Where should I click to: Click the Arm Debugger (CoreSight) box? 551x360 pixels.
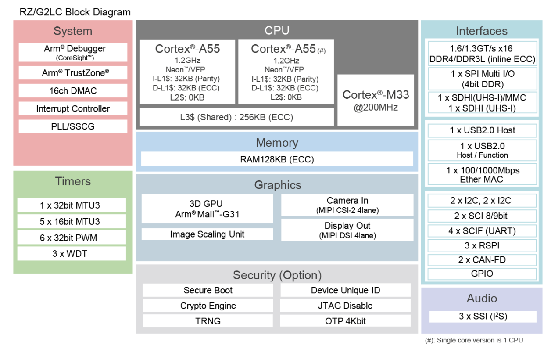[x=73, y=52]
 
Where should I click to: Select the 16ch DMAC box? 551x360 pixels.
[x=73, y=91]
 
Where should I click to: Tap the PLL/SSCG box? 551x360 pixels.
[x=73, y=126]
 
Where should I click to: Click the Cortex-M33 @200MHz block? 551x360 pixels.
[x=376, y=100]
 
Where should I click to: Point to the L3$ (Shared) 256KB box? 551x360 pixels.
[x=236, y=117]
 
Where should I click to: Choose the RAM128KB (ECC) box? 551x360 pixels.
[x=277, y=159]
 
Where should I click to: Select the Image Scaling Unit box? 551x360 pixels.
[x=207, y=234]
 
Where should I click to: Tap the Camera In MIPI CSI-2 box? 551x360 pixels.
[x=347, y=205]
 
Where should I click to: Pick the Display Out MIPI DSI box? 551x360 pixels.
[x=347, y=230]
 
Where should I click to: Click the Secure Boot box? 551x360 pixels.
[x=208, y=290]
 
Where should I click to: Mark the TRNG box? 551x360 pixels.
[x=208, y=321]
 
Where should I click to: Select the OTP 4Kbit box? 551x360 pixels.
[x=345, y=321]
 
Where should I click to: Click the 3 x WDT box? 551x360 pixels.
[x=72, y=254]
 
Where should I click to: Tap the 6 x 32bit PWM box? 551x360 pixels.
[x=72, y=238]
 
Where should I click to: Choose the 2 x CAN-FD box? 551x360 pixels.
[x=482, y=260]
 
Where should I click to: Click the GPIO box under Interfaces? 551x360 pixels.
[x=482, y=274]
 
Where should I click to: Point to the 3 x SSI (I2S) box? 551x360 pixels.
[x=483, y=317]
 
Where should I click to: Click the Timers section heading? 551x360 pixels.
[x=73, y=181]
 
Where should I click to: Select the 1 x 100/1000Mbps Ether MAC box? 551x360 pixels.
[x=482, y=175]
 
